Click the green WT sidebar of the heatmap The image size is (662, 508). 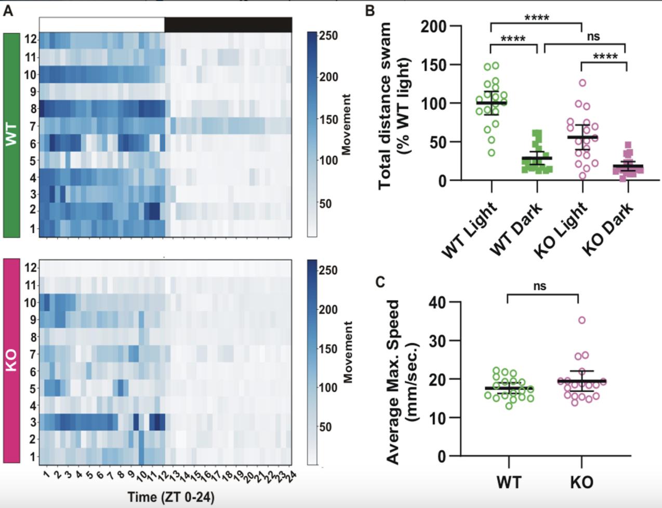(x=11, y=135)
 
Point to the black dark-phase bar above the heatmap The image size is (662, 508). (x=228, y=24)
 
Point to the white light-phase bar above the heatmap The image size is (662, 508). (x=102, y=24)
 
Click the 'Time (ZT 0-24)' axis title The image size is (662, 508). (x=171, y=497)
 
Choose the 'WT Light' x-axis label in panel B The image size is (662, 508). (x=470, y=229)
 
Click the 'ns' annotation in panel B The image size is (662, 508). (x=593, y=37)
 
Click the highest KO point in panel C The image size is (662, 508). (x=581, y=320)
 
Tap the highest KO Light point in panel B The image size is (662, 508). (x=582, y=83)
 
